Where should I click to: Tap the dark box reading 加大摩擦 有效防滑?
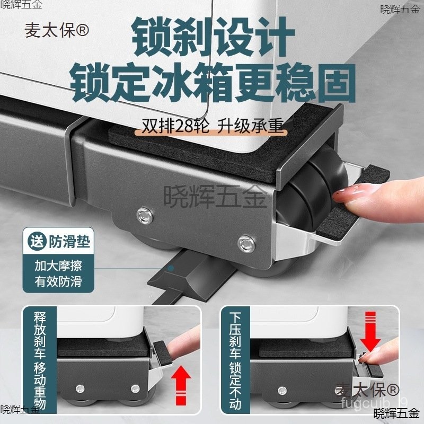pos(58,272)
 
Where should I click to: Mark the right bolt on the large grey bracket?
pos(244,243)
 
